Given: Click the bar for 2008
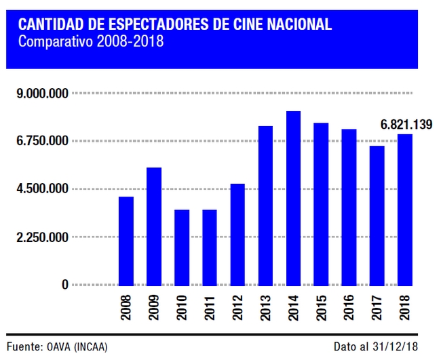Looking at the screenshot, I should click(126, 241).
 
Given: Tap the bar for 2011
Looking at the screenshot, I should click(210, 247).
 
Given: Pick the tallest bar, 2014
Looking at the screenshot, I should click(293, 198).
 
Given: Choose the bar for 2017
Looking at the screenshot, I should click(377, 216).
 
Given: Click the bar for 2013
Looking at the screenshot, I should click(265, 205).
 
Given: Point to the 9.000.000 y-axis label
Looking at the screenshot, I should click(42, 94).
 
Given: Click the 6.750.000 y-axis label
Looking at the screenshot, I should click(42, 141).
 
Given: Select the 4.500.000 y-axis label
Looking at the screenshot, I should click(42, 189).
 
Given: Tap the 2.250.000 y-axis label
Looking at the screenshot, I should click(42, 237).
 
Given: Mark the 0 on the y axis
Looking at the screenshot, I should click(65, 285).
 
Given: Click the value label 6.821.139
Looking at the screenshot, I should click(406, 125).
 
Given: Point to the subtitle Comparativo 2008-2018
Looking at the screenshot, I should click(91, 42).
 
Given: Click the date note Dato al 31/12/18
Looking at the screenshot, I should click(377, 346).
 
